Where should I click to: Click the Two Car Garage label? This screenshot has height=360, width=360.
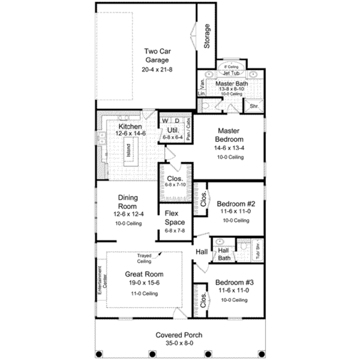tap(157, 56)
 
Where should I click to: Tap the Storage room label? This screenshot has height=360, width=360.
tap(207, 36)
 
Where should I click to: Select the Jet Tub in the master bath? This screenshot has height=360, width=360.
tap(231, 73)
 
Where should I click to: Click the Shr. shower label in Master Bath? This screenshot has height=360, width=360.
tap(254, 106)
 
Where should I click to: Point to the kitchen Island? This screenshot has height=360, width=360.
tap(129, 150)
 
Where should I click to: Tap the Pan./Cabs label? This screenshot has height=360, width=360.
tap(189, 129)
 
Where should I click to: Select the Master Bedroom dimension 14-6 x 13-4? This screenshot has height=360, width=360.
tap(229, 148)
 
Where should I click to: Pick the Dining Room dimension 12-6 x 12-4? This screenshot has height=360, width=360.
tap(128, 214)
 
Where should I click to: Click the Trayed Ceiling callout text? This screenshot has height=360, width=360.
tap(144, 259)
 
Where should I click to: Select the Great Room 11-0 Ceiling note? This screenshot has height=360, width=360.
tap(144, 294)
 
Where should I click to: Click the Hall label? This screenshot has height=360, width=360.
tap(202, 252)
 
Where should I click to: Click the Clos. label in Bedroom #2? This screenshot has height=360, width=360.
tap(204, 199)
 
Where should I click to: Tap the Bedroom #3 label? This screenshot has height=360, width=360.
tap(234, 283)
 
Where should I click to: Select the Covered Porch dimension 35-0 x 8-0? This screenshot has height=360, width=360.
tap(179, 343)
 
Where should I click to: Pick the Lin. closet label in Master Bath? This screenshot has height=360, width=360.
tap(201, 94)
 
